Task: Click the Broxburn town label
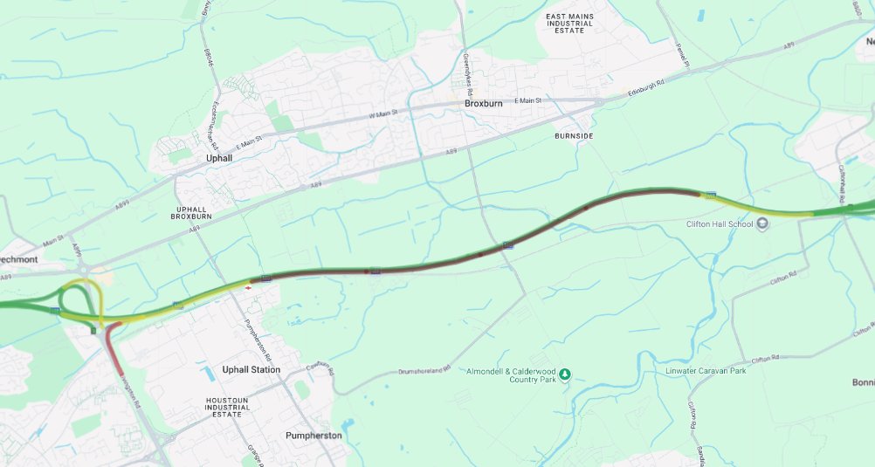(483, 103)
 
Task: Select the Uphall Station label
(251, 369)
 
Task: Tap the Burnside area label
(574, 136)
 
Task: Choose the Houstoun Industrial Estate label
(223, 407)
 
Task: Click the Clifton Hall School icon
(762, 223)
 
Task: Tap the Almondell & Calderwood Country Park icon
(564, 374)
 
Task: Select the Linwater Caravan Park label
(706, 371)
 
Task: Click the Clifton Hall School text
(719, 224)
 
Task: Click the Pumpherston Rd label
(260, 341)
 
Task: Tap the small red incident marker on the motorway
(249, 286)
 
